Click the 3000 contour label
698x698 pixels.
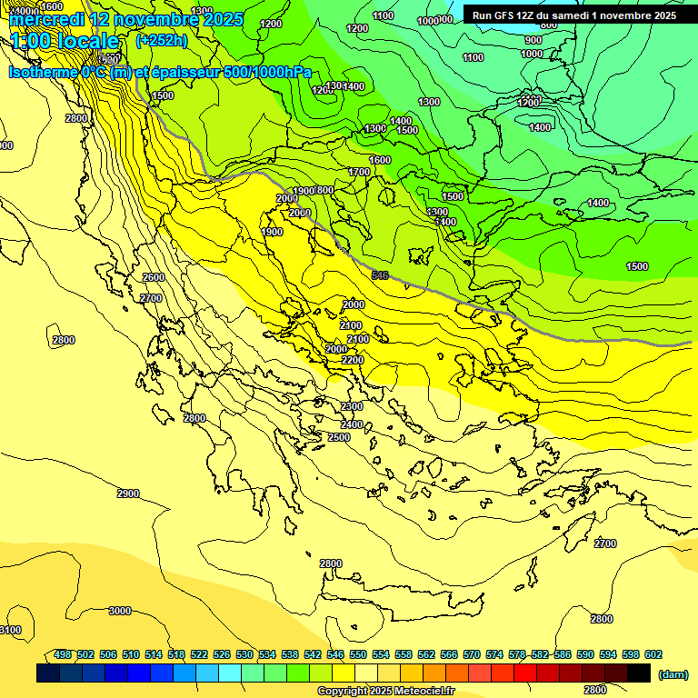click(120, 611)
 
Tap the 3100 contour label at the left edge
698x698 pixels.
click(9, 630)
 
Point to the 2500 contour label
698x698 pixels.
click(339, 437)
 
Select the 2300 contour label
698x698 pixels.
click(352, 406)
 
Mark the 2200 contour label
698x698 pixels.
click(353, 360)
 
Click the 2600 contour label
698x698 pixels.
click(154, 277)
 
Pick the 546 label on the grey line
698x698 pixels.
click(380, 274)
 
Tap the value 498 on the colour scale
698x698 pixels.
click(63, 654)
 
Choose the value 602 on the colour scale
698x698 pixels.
click(653, 654)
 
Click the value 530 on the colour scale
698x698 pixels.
click(244, 654)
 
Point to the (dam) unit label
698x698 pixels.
click(673, 673)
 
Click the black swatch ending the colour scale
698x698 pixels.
click(639, 673)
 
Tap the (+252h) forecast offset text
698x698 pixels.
click(161, 40)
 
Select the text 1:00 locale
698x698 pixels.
click(65, 41)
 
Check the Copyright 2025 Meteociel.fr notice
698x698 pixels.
click(385, 691)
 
